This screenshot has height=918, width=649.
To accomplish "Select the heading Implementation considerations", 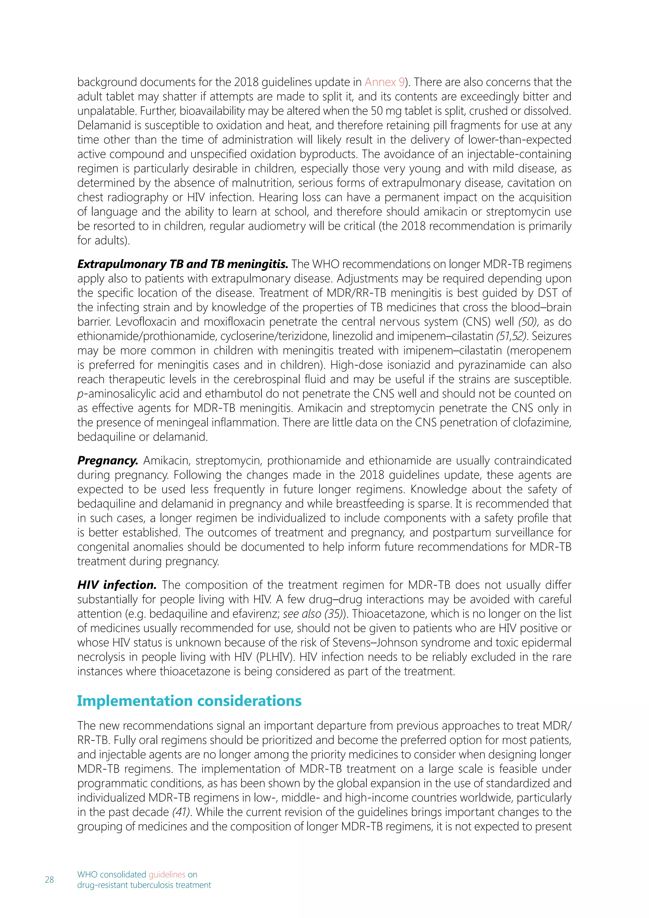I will tap(189, 701).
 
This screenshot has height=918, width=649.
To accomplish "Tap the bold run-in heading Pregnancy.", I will tap(107, 461).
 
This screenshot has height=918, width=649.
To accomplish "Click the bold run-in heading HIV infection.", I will tap(117, 585).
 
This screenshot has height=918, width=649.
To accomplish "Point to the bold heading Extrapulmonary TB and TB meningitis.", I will tap(182, 264).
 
